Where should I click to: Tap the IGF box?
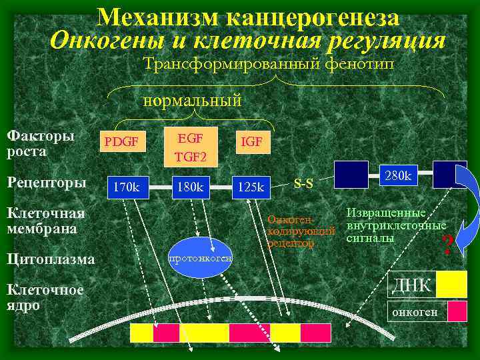point(251,142)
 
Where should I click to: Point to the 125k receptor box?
point(252,187)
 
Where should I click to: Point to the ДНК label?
point(411,285)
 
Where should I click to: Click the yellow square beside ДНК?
point(451,283)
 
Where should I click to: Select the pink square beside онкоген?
point(457,311)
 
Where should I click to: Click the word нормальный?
point(193,101)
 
